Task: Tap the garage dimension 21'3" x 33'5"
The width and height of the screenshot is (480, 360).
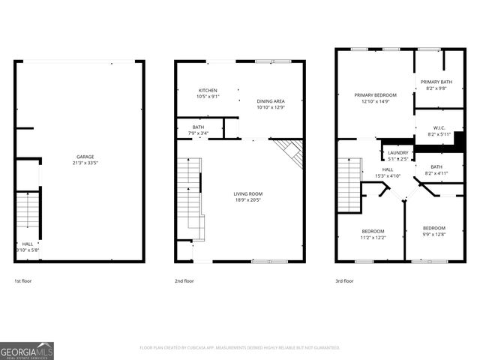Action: point(84,163)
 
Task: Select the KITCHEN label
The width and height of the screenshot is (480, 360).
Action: point(208,91)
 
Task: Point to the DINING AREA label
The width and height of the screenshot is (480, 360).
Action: point(270,102)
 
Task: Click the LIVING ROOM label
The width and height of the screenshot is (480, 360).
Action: point(247,193)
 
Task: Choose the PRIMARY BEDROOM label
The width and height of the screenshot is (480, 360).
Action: point(375,95)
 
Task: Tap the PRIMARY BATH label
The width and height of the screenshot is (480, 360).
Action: point(435,82)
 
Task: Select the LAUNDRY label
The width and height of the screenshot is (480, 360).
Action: point(397,153)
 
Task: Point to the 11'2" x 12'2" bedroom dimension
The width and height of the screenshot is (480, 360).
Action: point(373,236)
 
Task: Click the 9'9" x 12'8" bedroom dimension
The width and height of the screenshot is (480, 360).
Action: point(433,233)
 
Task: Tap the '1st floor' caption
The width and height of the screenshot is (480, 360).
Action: point(22,280)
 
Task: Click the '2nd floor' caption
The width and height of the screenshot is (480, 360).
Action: point(184,280)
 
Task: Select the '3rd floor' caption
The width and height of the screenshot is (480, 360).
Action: point(345,280)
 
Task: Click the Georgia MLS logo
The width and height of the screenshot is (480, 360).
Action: point(27,350)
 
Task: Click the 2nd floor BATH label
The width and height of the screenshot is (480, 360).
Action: point(198,127)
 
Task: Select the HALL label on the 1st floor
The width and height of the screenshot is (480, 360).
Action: point(27,244)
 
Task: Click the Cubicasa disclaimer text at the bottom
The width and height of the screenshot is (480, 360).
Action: point(240,347)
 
